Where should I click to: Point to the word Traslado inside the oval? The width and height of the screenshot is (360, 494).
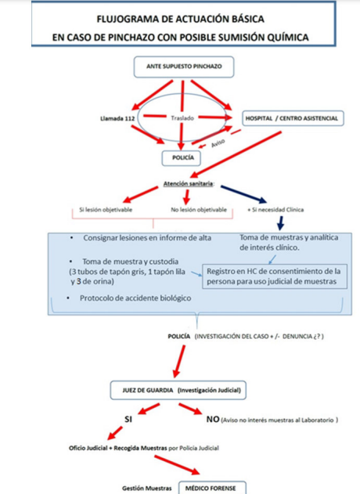click(x=182, y=118)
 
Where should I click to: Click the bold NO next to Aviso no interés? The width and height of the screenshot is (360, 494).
click(x=212, y=420)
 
